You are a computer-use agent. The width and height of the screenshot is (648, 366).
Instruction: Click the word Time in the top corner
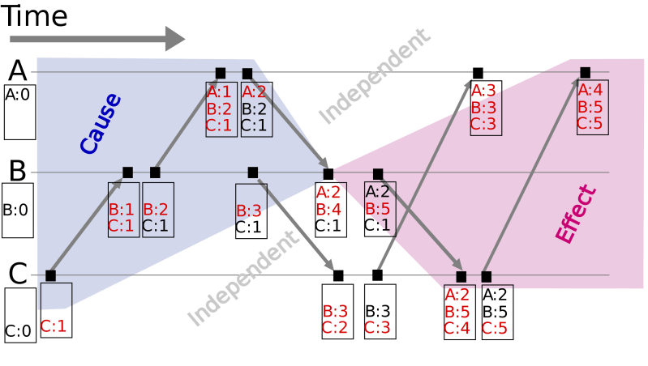pyautogui.click(x=39, y=17)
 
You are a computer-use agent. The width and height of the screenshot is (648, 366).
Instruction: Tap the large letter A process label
pyautogui.click(x=18, y=71)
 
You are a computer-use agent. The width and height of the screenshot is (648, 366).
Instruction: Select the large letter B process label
pyautogui.click(x=18, y=171)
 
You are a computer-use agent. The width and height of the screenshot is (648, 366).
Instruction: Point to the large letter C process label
pyautogui.click(x=18, y=274)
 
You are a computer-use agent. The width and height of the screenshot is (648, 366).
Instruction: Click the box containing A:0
pyautogui.click(x=19, y=112)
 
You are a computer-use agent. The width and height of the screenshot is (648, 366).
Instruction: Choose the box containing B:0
pyautogui.click(x=18, y=210)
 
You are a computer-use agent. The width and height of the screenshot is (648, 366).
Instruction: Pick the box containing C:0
pyautogui.click(x=19, y=317)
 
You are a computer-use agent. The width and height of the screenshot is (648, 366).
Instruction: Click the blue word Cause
pyautogui.click(x=101, y=123)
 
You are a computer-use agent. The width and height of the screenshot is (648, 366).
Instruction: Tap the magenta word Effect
pyautogui.click(x=577, y=214)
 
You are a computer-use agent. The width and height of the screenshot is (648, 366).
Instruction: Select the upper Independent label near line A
pyautogui.click(x=372, y=76)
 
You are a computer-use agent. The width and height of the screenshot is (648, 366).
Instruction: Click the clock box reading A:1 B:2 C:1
pyautogui.click(x=221, y=109)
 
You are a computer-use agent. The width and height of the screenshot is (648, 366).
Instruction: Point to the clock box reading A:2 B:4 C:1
pyautogui.click(x=329, y=209)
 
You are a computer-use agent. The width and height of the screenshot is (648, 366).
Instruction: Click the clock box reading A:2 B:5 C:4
pyautogui.click(x=460, y=312)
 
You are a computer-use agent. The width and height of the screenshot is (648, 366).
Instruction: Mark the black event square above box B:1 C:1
pyautogui.click(x=127, y=172)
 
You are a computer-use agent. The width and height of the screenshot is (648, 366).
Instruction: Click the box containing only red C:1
pyautogui.click(x=55, y=310)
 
